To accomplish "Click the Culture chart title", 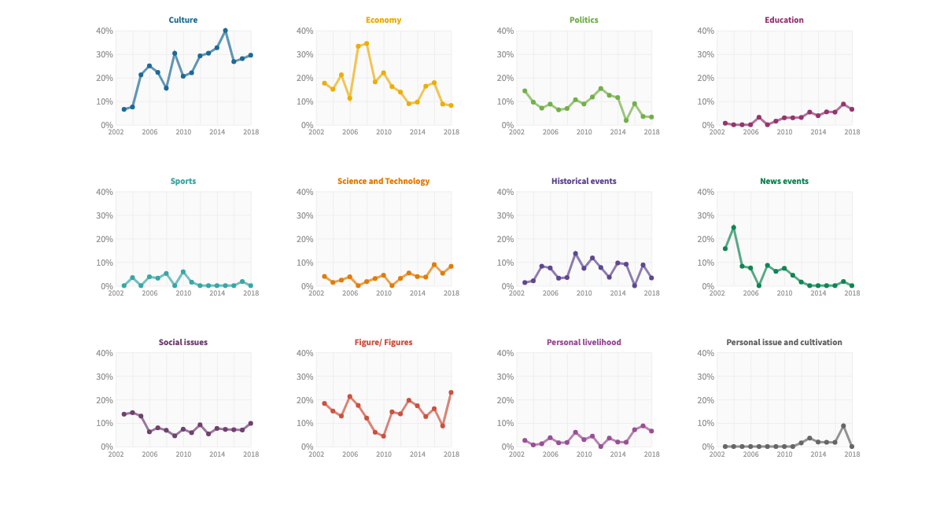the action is [x=182, y=20].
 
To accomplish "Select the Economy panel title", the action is [x=383, y=20].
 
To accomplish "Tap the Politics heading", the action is [x=584, y=20].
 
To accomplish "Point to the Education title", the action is [x=784, y=20].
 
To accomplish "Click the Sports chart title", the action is [x=182, y=181].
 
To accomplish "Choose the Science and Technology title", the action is [x=383, y=181].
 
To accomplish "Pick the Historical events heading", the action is [x=584, y=181].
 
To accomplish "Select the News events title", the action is [x=784, y=181].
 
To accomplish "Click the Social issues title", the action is [x=182, y=342].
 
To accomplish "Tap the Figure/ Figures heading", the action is [x=383, y=342].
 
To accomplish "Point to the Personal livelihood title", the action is [x=584, y=342].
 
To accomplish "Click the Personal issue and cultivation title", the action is [x=784, y=342].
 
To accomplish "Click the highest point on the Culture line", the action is [x=226, y=31].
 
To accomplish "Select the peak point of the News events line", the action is [x=734, y=228].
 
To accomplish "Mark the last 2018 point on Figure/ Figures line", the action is [x=451, y=393].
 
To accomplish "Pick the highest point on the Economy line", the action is [x=367, y=44].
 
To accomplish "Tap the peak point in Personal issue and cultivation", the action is [x=843, y=426].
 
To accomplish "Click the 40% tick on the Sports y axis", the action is [x=105, y=192].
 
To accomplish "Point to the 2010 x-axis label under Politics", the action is [x=584, y=132].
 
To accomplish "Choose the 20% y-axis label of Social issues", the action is [x=105, y=400].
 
